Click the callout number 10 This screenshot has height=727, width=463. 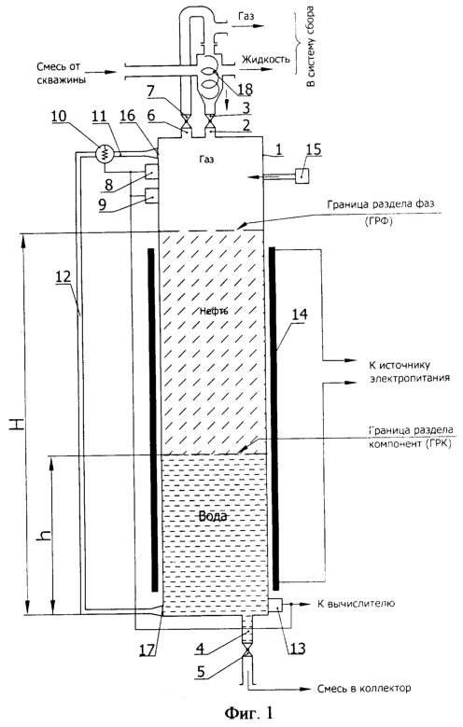tap(60, 117)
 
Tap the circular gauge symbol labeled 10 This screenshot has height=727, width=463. tap(105, 152)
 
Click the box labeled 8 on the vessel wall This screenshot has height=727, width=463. tap(152, 172)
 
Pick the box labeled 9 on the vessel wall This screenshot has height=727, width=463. tap(152, 197)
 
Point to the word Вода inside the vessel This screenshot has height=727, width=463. tap(213, 515)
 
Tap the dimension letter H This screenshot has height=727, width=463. tap(17, 423)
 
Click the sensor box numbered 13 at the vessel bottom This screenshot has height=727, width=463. tap(277, 606)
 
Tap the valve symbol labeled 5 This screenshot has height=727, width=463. tap(246, 654)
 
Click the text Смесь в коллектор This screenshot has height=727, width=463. tap(364, 688)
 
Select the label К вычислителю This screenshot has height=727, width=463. tap(356, 604)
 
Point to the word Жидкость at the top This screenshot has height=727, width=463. tap(265, 59)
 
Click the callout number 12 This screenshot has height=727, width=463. tap(63, 277)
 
